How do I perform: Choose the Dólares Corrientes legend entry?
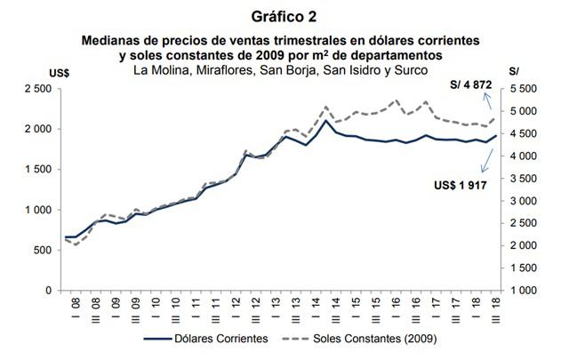pos(213,339)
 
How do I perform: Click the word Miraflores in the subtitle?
pos(220,70)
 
